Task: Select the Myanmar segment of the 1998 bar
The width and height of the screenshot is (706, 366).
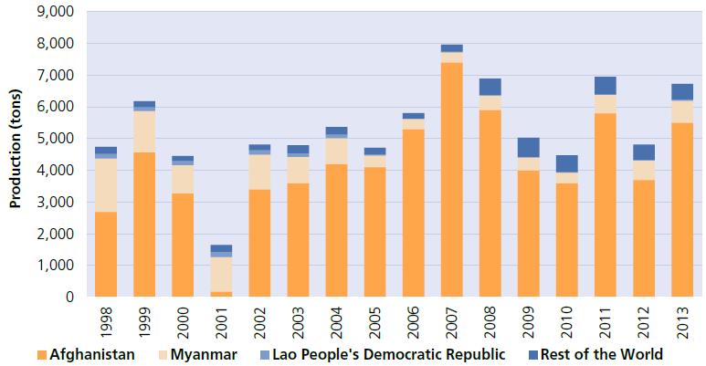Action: [106, 185]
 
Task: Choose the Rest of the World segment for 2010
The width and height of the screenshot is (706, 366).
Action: [566, 163]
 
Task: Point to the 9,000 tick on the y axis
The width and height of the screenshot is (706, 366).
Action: [59, 12]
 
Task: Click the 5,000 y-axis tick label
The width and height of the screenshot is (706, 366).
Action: [59, 139]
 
